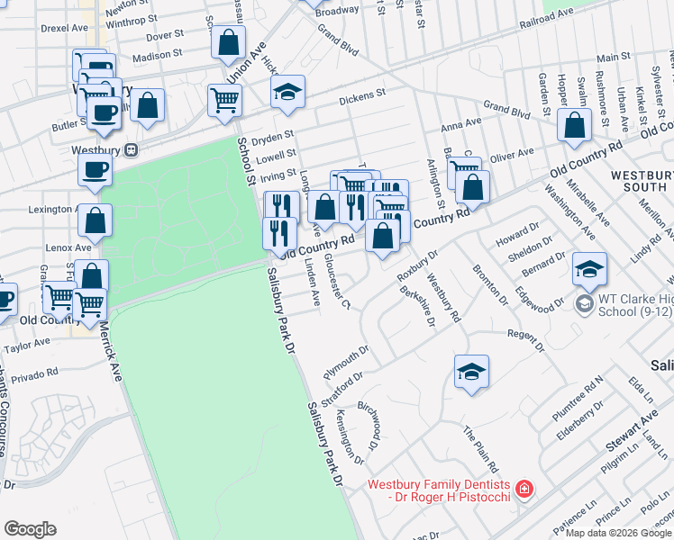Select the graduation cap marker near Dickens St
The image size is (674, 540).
(x=287, y=93)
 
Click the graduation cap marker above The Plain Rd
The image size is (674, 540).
(x=471, y=372)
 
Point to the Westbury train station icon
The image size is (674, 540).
(x=132, y=148)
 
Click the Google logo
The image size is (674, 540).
(x=30, y=528)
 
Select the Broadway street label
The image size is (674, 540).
(x=337, y=11)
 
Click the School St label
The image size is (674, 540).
(x=244, y=163)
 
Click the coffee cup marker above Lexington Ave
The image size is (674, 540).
(x=95, y=170)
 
